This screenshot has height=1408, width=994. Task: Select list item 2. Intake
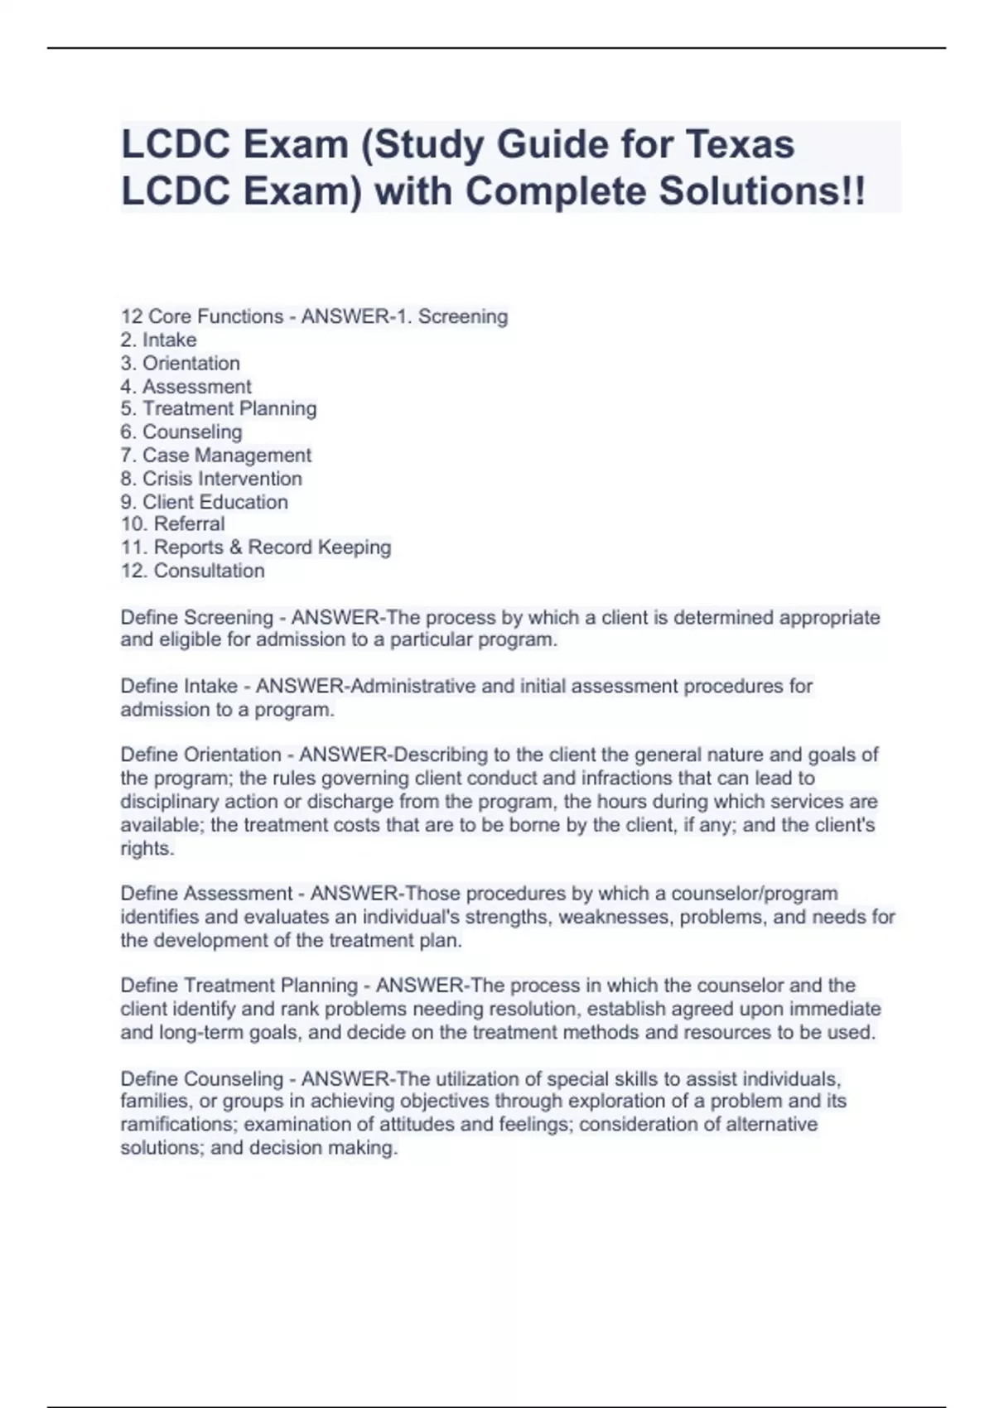point(158,340)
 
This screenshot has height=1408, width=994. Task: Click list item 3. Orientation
point(180,363)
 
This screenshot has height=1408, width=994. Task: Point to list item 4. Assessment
point(186,386)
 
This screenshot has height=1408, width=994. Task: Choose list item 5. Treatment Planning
point(218,408)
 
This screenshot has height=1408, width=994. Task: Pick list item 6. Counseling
point(181,432)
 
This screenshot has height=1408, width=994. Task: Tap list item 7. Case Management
point(215,455)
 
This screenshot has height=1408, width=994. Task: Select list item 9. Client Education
point(204,501)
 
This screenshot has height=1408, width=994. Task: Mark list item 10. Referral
point(172,523)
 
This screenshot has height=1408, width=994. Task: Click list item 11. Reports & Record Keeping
point(255,547)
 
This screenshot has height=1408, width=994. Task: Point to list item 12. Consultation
point(192,570)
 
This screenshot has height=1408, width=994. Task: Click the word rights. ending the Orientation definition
point(147,848)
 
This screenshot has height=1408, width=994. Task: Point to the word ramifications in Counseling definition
point(178,1124)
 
